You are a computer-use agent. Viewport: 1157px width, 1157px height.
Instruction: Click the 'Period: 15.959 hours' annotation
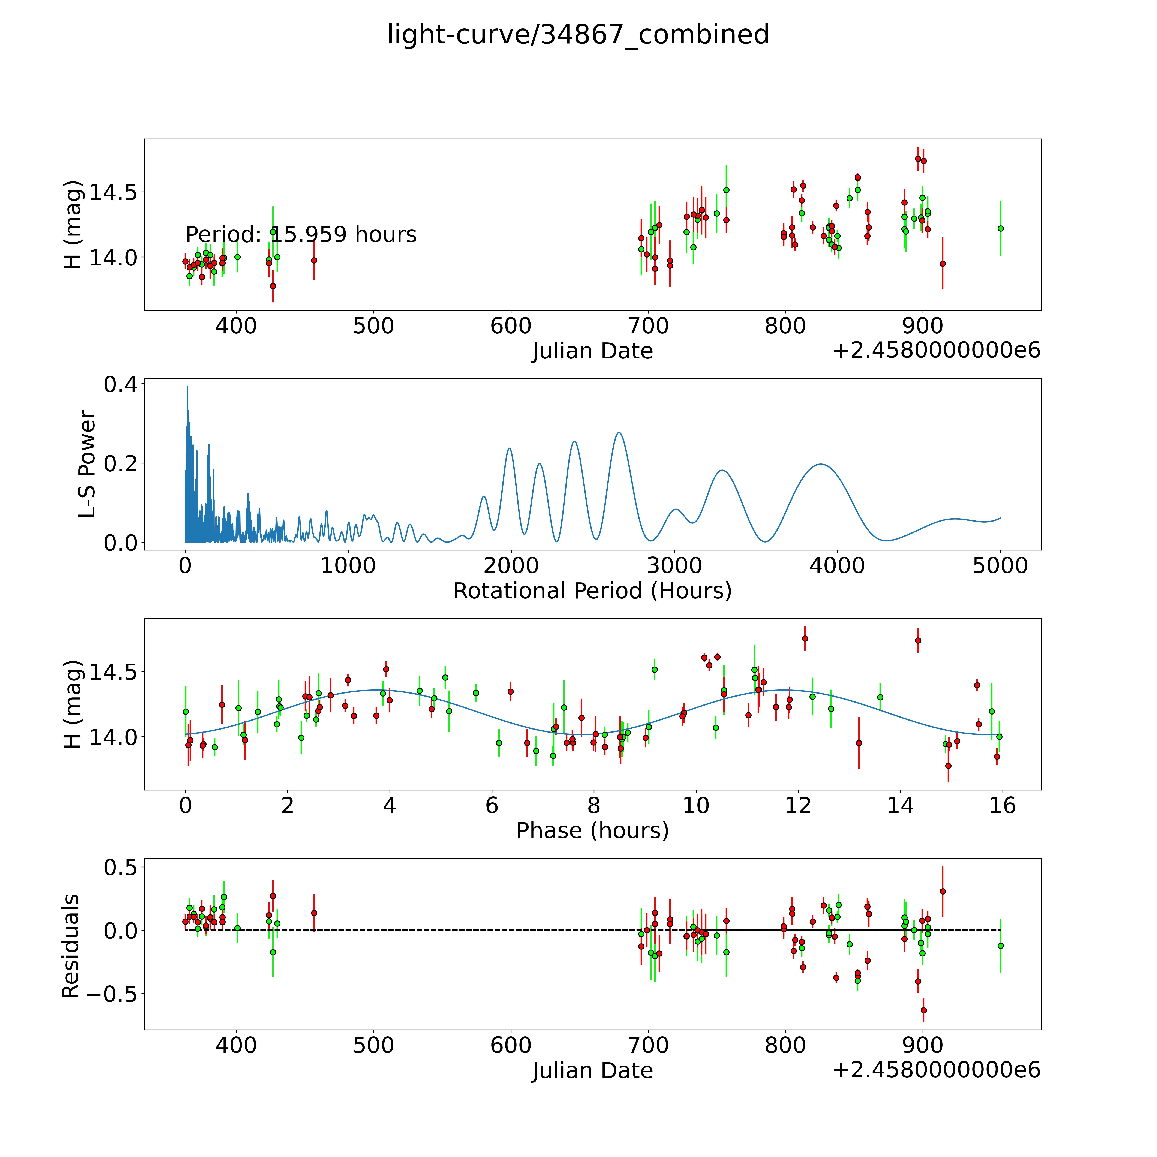[x=301, y=235]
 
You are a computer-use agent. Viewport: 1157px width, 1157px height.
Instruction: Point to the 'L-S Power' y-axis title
[x=87, y=464]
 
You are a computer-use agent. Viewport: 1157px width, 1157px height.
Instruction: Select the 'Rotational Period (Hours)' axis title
[x=592, y=591]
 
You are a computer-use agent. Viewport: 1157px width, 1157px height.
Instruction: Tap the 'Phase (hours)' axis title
[x=592, y=831]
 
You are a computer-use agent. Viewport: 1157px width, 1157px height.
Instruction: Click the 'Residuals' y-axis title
[x=71, y=946]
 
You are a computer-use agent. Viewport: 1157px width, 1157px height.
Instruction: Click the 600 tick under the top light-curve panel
[x=511, y=326]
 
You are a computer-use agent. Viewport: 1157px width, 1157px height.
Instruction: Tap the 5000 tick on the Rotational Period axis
[x=1000, y=566]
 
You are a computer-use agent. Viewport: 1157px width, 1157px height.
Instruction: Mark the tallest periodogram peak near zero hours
[x=187, y=387]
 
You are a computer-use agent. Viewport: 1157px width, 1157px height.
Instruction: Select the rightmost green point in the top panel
[x=1000, y=228]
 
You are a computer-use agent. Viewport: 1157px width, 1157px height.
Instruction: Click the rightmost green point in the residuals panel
[x=1000, y=946]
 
